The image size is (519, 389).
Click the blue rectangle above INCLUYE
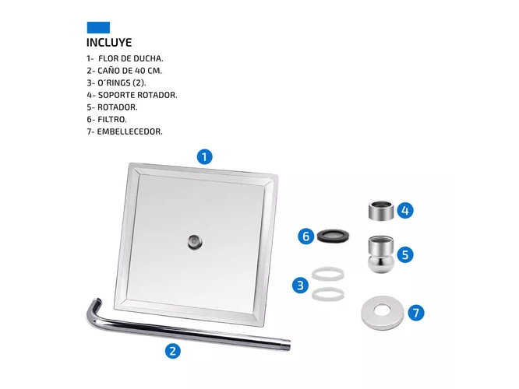[98, 27]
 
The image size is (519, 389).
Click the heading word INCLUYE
[109, 43]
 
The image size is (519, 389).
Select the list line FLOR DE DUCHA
[125, 59]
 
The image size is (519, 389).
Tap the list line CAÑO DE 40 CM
[125, 71]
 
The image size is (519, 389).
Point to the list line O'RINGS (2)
[116, 82]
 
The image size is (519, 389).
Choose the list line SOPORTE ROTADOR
[132, 95]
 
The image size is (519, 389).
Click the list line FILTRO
[107, 119]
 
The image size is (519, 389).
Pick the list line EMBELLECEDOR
[125, 131]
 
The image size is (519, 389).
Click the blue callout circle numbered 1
[204, 156]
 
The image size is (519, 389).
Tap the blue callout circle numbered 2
[173, 351]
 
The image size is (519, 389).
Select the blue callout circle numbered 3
[300, 286]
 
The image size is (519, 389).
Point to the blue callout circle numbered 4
[405, 211]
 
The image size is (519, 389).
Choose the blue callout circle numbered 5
[405, 255]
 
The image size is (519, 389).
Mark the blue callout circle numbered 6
[305, 237]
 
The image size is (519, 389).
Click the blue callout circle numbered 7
[416, 313]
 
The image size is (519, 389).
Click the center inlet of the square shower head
[195, 242]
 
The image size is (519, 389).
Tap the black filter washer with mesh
[333, 236]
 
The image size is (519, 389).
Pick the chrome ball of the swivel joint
[381, 263]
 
